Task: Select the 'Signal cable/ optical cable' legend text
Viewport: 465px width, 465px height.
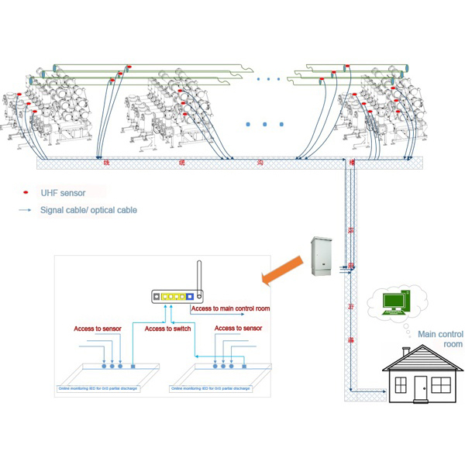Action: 89,209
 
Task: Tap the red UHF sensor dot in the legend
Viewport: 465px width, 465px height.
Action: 26,192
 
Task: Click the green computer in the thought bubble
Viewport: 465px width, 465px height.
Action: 396,301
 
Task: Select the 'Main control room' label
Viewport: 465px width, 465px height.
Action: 439,339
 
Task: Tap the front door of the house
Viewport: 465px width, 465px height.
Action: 422,387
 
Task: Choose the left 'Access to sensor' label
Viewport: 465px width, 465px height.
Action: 98,329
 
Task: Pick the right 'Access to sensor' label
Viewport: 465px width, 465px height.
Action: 238,328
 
